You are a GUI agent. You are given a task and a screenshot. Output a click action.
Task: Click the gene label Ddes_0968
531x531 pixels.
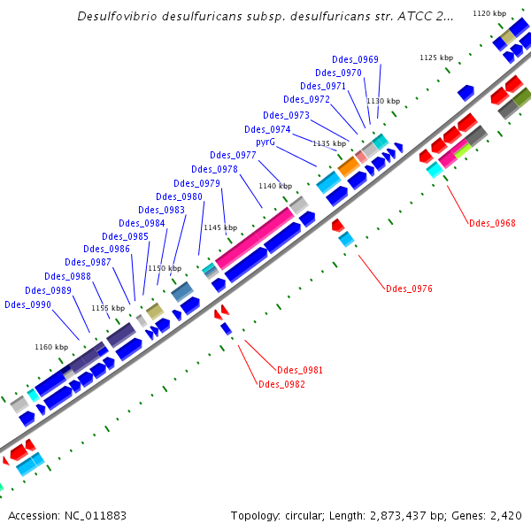click(492, 223)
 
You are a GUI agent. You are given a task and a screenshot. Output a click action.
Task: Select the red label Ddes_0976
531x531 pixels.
click(409, 289)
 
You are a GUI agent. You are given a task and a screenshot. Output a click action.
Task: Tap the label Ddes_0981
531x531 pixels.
click(300, 370)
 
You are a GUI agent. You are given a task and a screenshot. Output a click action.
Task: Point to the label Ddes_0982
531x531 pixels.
click(281, 384)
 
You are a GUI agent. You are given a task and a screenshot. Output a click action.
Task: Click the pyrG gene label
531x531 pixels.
click(266, 142)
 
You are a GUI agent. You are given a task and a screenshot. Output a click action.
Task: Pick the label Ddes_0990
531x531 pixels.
click(27, 304)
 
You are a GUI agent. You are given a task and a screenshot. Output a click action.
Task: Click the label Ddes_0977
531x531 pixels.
click(233, 156)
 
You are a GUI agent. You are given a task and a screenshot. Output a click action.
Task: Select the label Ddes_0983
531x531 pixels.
click(162, 211)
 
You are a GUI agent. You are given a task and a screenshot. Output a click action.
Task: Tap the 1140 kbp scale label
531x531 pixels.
click(275, 186)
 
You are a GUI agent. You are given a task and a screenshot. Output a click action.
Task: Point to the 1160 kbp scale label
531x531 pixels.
click(51, 347)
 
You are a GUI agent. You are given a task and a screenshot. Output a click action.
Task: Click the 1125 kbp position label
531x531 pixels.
click(436, 58)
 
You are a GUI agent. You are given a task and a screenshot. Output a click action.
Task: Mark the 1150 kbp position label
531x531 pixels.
click(164, 268)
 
